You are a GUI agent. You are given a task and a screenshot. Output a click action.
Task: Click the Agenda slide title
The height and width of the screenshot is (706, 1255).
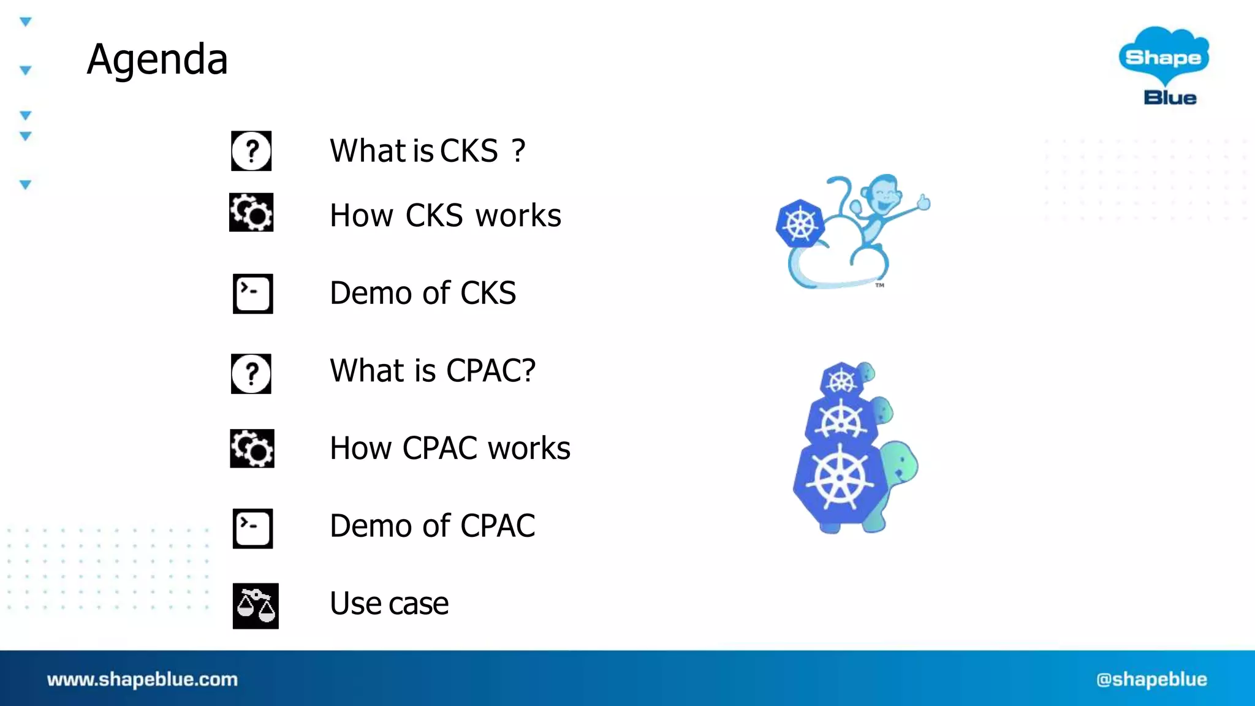tap(157, 59)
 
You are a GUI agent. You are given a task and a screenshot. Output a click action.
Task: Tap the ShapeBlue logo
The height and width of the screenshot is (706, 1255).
tap(1164, 65)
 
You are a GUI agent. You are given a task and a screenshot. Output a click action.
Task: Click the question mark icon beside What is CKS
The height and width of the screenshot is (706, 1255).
tap(251, 151)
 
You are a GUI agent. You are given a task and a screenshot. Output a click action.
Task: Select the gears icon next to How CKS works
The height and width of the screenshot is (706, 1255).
tap(251, 213)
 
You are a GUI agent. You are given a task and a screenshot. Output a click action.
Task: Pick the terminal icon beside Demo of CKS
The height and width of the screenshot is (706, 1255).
tap(252, 294)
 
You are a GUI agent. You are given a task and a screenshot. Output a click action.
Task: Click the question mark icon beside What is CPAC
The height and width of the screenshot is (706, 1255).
tap(251, 373)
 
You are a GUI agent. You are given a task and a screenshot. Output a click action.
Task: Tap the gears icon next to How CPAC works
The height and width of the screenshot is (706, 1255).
tap(252, 448)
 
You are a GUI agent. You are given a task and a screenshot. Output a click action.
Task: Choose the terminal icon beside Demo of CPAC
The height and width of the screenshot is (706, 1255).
tap(252, 528)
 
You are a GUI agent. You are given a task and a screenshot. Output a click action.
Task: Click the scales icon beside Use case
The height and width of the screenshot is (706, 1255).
tap(256, 605)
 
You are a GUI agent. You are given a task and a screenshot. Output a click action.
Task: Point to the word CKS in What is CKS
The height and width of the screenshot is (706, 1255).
tap(469, 151)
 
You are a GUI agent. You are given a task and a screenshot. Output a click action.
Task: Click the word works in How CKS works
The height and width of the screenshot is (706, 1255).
tap(518, 216)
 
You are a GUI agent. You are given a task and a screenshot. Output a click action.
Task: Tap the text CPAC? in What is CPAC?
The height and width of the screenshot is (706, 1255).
tap(491, 371)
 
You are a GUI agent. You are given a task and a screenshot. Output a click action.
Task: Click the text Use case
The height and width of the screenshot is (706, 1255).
tap(389, 604)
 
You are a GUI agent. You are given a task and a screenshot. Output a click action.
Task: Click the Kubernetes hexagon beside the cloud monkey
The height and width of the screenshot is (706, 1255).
tap(800, 224)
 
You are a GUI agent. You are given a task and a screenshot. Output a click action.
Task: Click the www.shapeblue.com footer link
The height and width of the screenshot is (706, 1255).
tap(142, 679)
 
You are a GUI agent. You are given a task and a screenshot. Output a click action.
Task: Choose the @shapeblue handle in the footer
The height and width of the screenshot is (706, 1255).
tap(1151, 679)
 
